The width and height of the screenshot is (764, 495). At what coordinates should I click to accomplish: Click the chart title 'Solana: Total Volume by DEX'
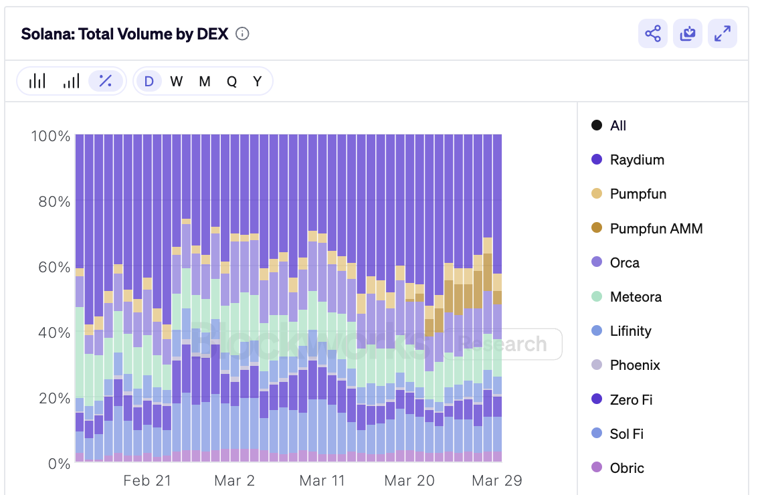click(x=125, y=34)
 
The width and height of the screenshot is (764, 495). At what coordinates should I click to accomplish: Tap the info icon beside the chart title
click(x=243, y=34)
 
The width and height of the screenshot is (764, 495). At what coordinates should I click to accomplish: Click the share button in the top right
click(x=652, y=33)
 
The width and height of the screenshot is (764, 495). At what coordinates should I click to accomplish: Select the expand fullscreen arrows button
click(x=723, y=33)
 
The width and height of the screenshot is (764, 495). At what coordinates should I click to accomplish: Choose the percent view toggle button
click(x=106, y=81)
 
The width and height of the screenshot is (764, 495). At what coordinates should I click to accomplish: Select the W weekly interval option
click(x=176, y=82)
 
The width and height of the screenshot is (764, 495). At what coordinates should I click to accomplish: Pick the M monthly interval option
click(x=205, y=82)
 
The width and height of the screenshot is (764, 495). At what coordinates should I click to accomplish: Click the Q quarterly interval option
click(x=231, y=82)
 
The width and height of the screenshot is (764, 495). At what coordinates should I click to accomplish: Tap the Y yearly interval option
click(x=257, y=82)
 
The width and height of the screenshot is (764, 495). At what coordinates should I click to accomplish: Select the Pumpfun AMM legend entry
click(x=656, y=228)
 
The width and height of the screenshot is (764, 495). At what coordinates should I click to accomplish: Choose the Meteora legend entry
click(x=635, y=297)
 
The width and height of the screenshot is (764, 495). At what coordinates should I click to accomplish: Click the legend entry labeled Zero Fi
click(x=630, y=400)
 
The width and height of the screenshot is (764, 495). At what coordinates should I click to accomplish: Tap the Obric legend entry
click(x=626, y=468)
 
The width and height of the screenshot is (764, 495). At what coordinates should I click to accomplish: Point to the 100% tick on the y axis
click(x=51, y=136)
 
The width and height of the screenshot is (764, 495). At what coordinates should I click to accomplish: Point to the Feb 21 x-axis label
click(x=147, y=480)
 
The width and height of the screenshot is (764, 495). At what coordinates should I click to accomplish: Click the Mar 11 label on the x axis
click(x=322, y=480)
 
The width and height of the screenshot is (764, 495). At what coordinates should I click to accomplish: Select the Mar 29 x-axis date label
click(x=496, y=480)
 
